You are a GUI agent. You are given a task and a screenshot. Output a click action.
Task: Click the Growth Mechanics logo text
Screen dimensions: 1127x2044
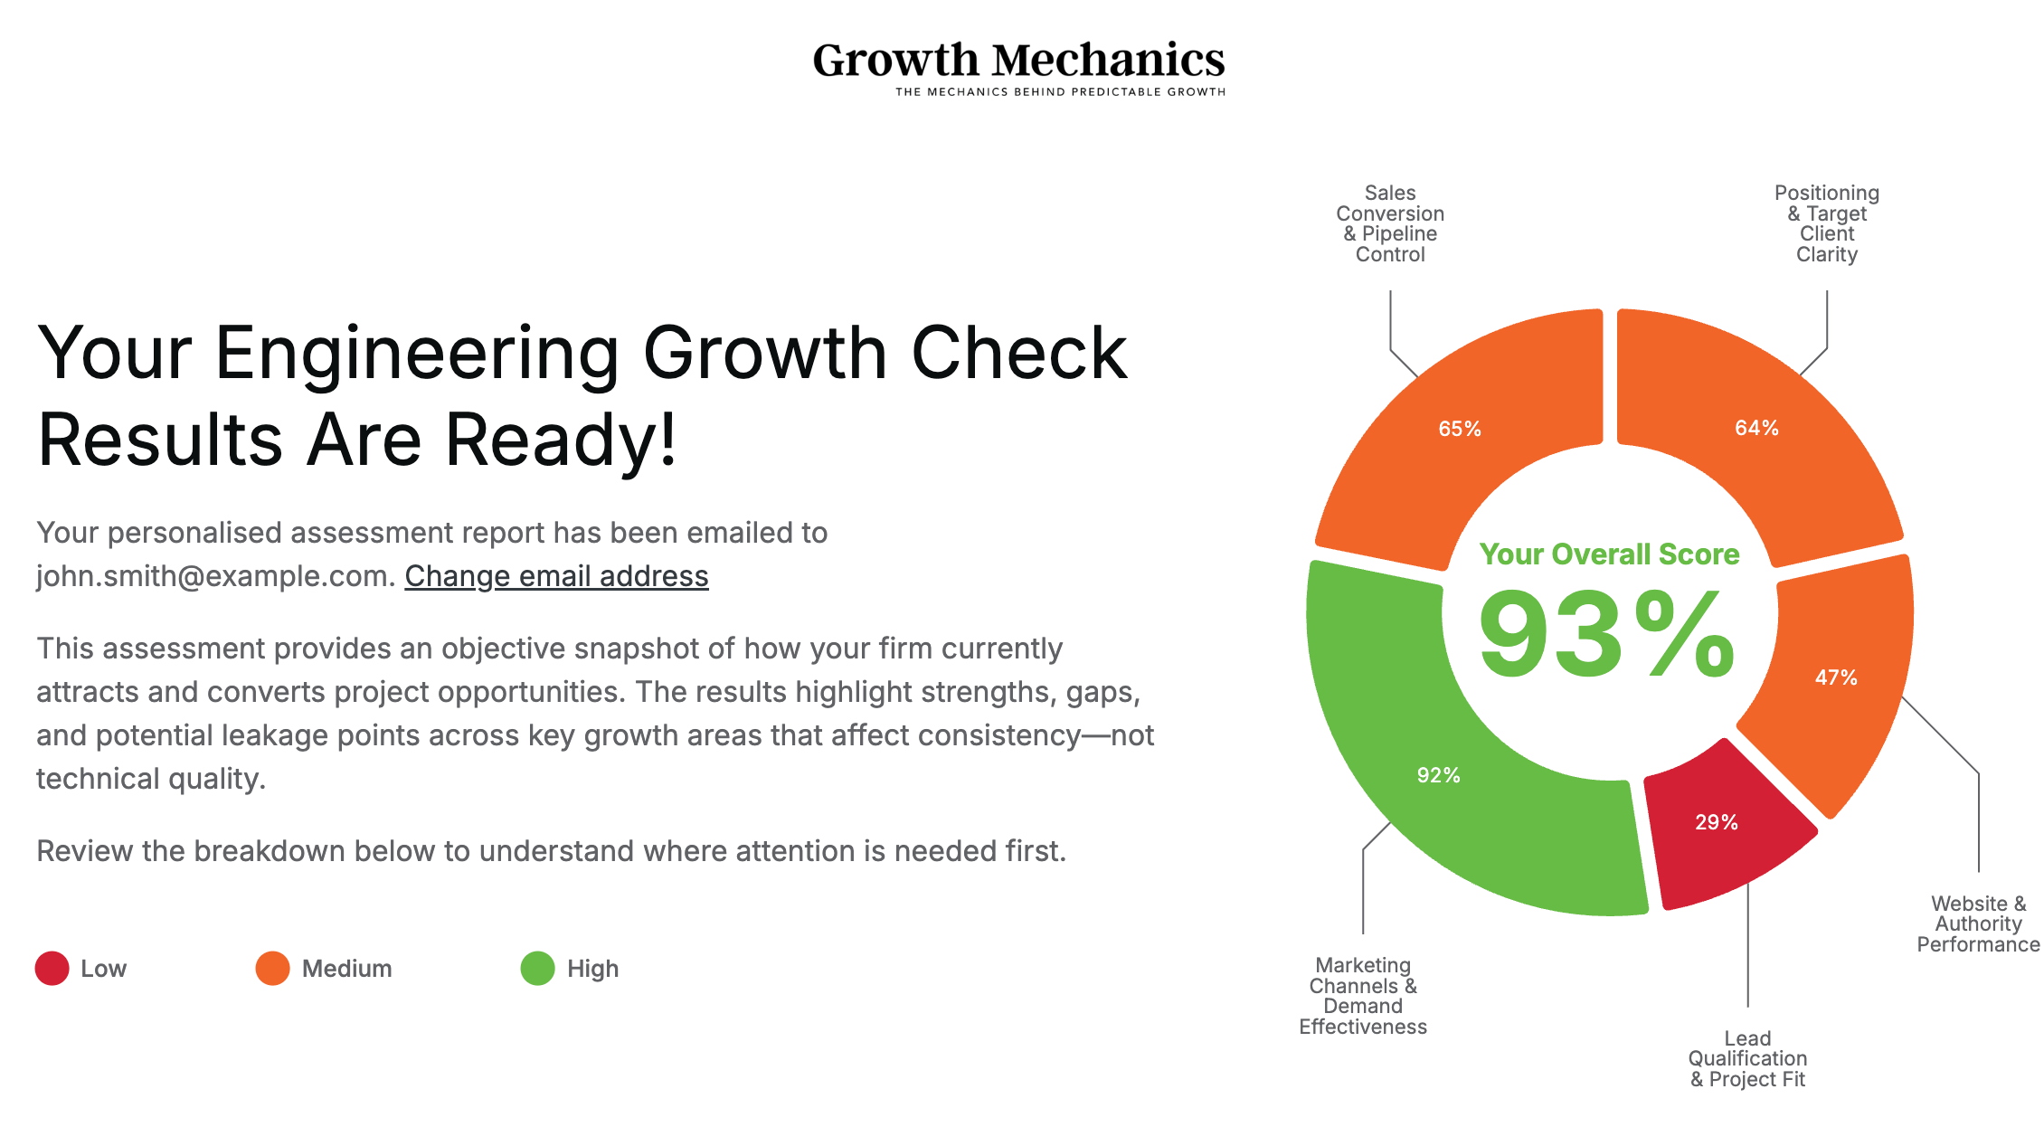[1018, 60]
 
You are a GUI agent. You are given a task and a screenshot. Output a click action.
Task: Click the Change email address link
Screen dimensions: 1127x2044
[556, 576]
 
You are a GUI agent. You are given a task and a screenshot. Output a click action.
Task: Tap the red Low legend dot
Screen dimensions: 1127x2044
[52, 968]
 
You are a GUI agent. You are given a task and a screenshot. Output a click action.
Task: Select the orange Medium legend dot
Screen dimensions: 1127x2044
[272, 968]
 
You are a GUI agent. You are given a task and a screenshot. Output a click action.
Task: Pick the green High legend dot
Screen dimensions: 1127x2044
[537, 968]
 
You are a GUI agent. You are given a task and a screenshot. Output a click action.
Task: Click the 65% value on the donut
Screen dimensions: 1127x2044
[1460, 429]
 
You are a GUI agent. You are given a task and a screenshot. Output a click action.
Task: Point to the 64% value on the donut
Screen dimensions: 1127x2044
[1756, 428]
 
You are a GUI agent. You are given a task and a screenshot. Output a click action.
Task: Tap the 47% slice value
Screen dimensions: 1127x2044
[1836, 677]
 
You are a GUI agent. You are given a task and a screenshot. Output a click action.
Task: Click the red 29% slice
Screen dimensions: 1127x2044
[1717, 822]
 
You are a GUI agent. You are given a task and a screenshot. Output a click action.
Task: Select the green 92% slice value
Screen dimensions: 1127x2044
[1438, 775]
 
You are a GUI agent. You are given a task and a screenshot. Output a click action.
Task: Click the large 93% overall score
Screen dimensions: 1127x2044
[1607, 635]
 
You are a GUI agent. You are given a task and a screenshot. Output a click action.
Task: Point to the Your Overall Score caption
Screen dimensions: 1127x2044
[1609, 554]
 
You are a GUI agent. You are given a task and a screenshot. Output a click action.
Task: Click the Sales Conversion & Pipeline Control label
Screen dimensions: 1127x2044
[1390, 223]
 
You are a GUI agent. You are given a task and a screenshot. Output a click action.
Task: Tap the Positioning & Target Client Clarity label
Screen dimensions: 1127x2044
[1826, 223]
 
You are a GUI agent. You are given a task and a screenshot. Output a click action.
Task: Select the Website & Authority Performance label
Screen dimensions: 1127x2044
[1978, 923]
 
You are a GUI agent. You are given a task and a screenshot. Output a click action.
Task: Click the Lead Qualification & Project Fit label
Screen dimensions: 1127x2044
[1747, 1058]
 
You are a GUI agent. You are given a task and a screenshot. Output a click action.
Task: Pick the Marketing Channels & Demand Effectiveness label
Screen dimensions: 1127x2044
[1363, 996]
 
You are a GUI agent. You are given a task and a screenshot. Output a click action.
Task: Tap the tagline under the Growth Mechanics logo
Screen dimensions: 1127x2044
[1060, 92]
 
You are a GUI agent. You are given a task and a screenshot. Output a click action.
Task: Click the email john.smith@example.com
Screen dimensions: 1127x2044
[213, 576]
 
